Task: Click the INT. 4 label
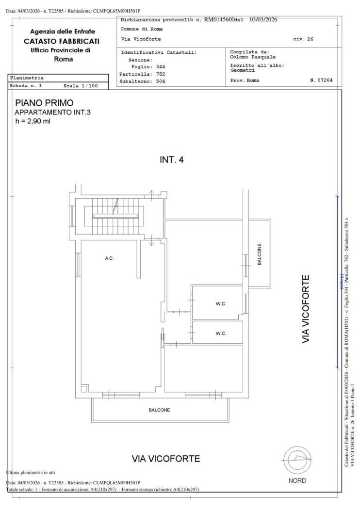click(x=172, y=159)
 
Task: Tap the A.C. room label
click(x=109, y=258)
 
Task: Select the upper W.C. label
click(x=221, y=304)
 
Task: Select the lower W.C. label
click(x=221, y=334)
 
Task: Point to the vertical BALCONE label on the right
click(x=259, y=254)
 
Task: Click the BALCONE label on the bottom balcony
click(x=159, y=410)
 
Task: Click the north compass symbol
click(x=297, y=461)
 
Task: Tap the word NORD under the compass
click(x=297, y=480)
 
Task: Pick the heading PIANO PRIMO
click(x=45, y=103)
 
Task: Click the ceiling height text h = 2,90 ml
click(x=33, y=121)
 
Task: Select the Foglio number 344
click(x=161, y=67)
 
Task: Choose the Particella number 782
click(x=161, y=74)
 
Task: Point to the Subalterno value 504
click(x=161, y=81)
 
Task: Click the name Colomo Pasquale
click(x=253, y=57)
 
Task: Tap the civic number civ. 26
click(x=303, y=39)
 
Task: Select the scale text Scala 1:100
click(x=81, y=86)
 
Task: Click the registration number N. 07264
click(x=321, y=80)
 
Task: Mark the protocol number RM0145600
click(x=219, y=19)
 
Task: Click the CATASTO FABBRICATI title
click(x=62, y=41)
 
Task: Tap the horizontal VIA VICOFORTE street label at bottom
click(x=166, y=459)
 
